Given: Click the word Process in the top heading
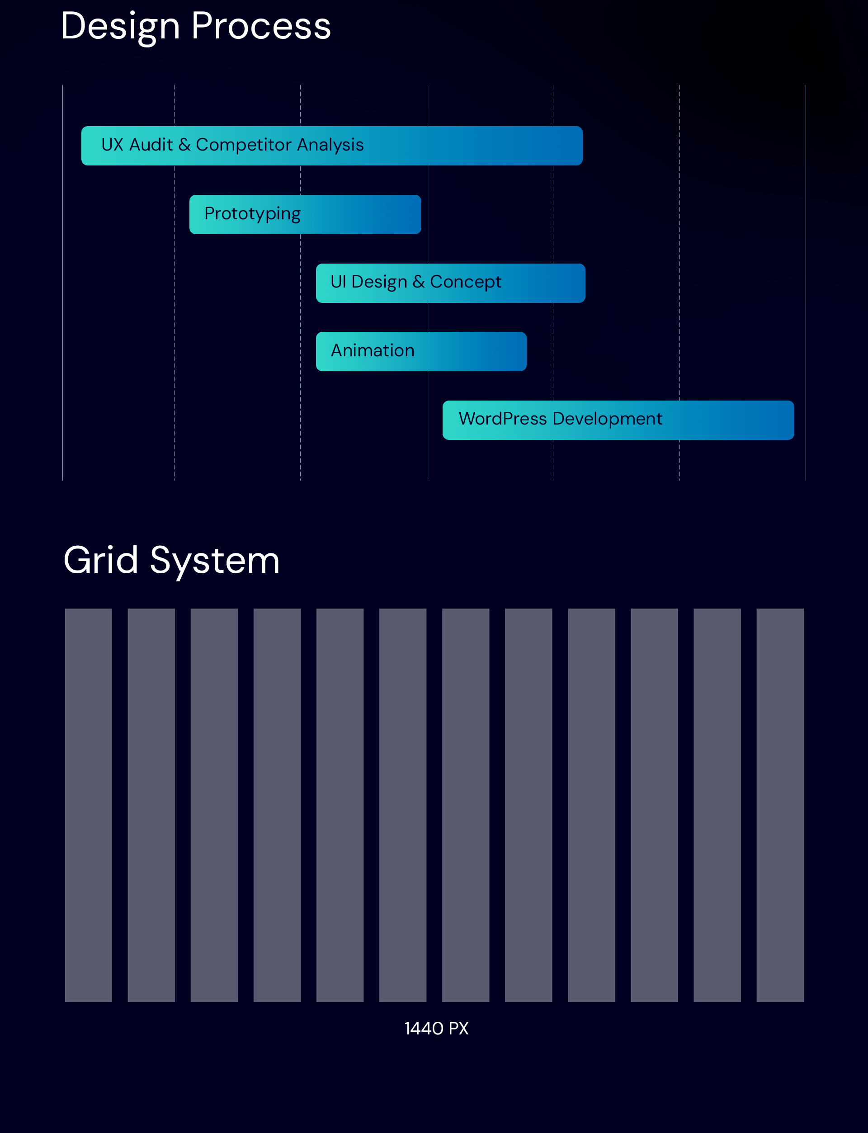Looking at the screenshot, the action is [x=261, y=26].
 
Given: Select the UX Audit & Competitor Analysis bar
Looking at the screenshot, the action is [x=332, y=146].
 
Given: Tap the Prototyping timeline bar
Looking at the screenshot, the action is [x=305, y=214].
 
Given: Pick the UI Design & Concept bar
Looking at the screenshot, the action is [x=451, y=283].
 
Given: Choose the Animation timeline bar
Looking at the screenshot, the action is [x=421, y=351].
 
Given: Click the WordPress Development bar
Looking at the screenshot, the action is [x=618, y=420].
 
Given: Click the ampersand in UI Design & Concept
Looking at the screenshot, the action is [x=419, y=282].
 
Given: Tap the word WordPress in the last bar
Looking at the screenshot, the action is [x=503, y=419].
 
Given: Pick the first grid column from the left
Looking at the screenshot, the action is [x=88, y=805].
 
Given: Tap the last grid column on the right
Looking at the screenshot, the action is [x=780, y=805].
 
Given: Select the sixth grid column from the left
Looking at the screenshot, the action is [x=403, y=805].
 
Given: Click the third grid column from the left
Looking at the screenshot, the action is [x=214, y=805].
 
